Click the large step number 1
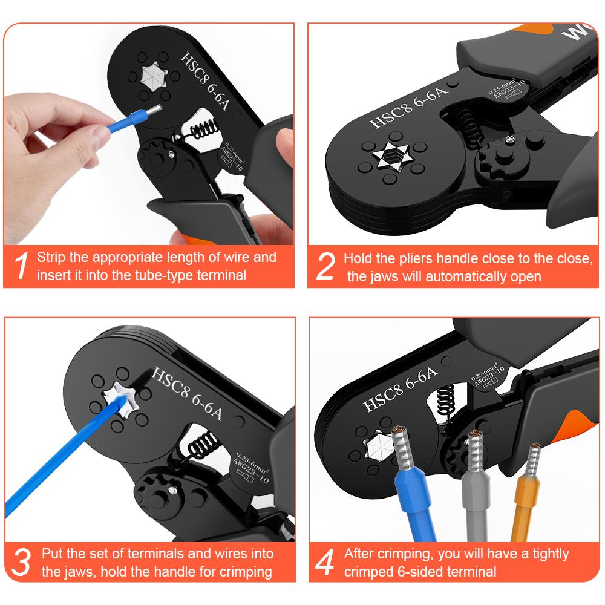21,266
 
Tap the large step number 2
325,266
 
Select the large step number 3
21,561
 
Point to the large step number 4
325,561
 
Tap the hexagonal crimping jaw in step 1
149,76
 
